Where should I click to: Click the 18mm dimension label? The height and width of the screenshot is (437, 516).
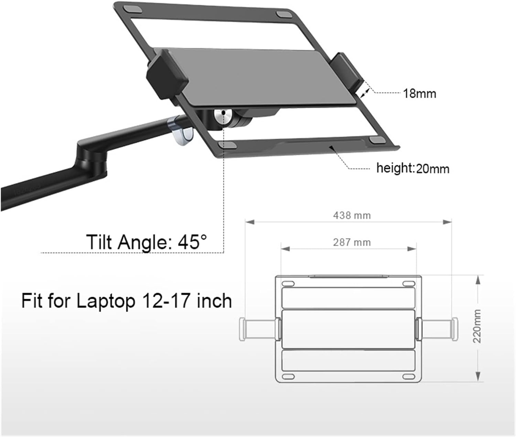pos(420,94)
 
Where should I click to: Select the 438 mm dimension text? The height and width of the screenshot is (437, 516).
pos(352,215)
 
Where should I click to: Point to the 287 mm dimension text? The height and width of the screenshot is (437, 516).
pos(352,242)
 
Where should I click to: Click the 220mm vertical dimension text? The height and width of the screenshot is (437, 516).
pos(477,326)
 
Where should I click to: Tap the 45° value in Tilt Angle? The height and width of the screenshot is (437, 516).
pos(193,242)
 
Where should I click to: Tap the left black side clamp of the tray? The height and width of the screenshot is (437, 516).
pos(167,74)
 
